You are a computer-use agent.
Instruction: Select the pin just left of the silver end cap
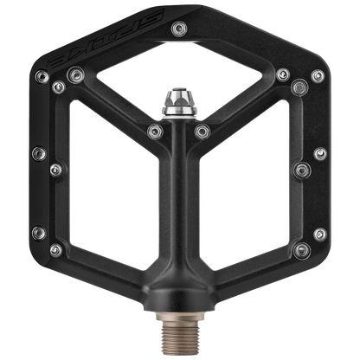(156, 131)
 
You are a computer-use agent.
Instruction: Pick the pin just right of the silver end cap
(204, 131)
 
